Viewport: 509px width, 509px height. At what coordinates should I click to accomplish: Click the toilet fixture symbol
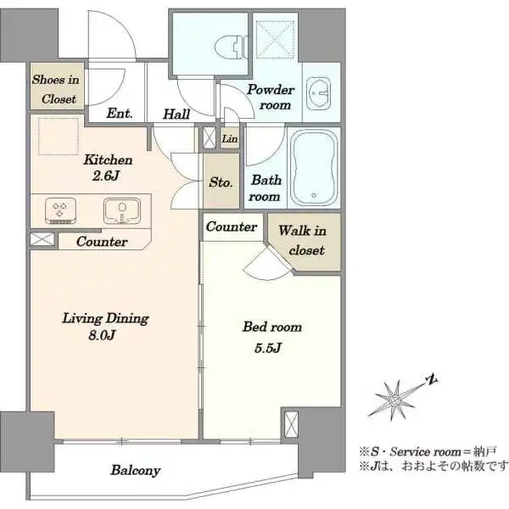231,47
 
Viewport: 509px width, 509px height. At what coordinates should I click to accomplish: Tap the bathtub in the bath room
314,168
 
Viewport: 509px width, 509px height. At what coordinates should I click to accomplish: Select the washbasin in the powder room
318,93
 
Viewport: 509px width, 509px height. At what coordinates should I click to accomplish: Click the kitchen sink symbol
122,210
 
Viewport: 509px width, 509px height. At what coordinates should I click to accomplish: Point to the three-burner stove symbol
60,211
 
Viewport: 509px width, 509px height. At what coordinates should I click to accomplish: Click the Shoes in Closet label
56,89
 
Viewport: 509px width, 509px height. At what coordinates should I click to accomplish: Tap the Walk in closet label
303,240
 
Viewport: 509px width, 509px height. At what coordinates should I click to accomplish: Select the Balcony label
136,470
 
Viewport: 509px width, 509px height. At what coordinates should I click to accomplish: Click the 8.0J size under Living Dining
102,335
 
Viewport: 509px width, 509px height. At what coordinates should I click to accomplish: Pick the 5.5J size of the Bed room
268,348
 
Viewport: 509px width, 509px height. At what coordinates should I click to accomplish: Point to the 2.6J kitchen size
106,176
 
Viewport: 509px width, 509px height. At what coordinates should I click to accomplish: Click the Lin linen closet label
230,139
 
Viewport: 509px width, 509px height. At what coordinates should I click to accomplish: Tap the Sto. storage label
221,182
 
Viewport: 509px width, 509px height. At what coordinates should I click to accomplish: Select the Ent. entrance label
120,114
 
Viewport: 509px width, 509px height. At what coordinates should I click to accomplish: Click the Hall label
176,114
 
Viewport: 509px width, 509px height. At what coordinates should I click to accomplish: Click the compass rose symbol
394,400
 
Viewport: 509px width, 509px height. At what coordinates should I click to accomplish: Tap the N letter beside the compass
432,379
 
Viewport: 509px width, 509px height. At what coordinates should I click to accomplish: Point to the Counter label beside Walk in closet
232,227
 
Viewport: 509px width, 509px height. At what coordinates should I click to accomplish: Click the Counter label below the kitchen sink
102,242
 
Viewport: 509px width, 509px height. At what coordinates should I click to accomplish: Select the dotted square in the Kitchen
59,137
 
